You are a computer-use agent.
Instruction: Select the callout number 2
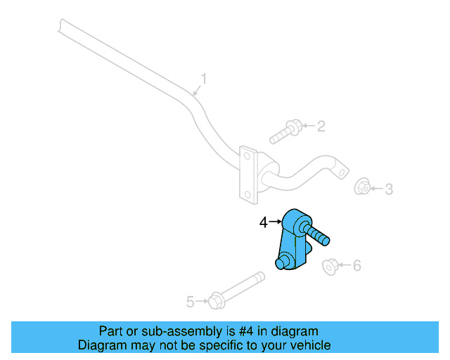tap(321, 127)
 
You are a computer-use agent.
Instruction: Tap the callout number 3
tap(388, 188)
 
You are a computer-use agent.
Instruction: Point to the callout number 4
tap(263, 222)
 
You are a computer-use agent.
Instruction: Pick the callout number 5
tap(190, 302)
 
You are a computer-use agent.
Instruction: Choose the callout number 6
tap(356, 265)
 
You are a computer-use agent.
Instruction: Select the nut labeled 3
tap(362, 187)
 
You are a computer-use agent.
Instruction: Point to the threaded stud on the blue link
tap(317, 234)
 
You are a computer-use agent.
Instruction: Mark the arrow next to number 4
tap(275, 222)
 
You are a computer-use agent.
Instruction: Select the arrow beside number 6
tap(344, 265)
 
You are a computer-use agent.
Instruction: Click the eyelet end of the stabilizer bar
tap(341, 170)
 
